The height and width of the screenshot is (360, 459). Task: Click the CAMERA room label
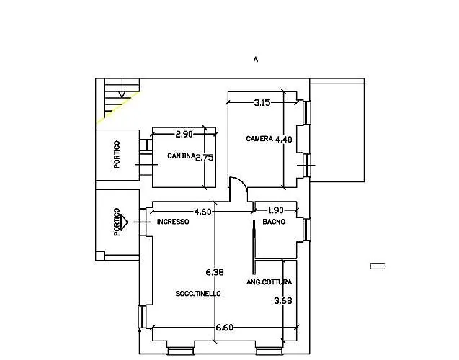259,139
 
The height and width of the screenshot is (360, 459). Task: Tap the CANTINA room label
181,156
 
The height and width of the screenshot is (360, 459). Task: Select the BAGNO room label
274,222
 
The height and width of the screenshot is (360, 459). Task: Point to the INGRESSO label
173,222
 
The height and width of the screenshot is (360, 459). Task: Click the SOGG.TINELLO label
198,293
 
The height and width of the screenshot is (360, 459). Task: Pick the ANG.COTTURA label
269,282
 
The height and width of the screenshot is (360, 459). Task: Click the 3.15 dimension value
262,103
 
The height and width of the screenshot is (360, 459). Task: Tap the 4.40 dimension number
284,140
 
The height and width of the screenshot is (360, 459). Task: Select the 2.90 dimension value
184,134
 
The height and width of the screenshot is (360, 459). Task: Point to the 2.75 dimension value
205,158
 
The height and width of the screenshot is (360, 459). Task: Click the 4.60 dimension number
202,212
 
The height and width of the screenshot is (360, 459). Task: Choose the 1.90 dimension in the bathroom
276,210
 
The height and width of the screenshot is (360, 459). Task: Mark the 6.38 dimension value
215,272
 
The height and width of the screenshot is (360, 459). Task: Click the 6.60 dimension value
225,328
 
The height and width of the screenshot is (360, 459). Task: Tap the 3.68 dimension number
283,301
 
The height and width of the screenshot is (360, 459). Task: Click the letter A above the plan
256,59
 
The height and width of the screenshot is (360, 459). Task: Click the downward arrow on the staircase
122,94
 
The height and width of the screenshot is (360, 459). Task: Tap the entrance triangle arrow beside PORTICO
124,222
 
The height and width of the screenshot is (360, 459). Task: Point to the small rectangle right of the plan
378,266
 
